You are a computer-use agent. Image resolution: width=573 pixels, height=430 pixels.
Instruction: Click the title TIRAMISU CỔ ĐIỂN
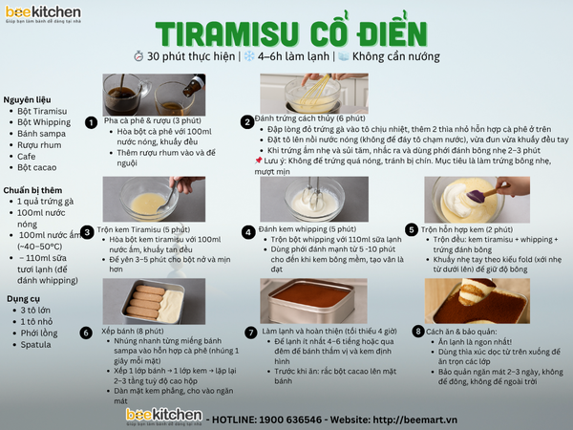click(x=286, y=32)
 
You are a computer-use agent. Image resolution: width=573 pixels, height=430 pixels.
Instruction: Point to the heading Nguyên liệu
click(x=27, y=98)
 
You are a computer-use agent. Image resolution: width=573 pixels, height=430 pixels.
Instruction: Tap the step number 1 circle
click(x=91, y=122)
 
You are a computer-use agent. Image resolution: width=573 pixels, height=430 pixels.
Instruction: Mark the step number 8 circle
click(x=417, y=331)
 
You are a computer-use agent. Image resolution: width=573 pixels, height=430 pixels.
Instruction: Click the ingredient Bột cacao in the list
click(x=37, y=167)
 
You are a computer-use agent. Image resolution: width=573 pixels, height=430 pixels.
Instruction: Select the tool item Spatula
click(x=36, y=344)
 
